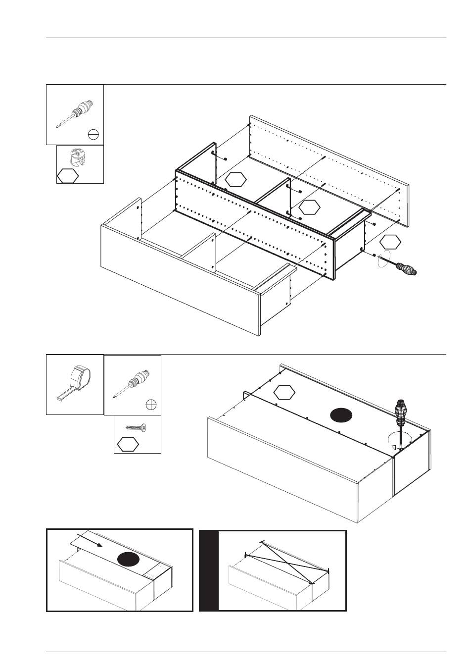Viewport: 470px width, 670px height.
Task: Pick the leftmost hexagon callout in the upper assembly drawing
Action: coord(235,179)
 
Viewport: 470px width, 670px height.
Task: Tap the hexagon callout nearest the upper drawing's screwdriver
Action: coord(391,242)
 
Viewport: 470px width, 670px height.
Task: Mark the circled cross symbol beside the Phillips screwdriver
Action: coord(152,405)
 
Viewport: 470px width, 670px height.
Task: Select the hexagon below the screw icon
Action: coord(128,444)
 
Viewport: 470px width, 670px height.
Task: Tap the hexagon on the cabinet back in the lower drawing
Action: coord(284,392)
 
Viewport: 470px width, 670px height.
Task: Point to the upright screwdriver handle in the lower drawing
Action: coord(401,411)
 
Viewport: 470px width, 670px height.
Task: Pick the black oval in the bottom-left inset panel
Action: coord(129,560)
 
